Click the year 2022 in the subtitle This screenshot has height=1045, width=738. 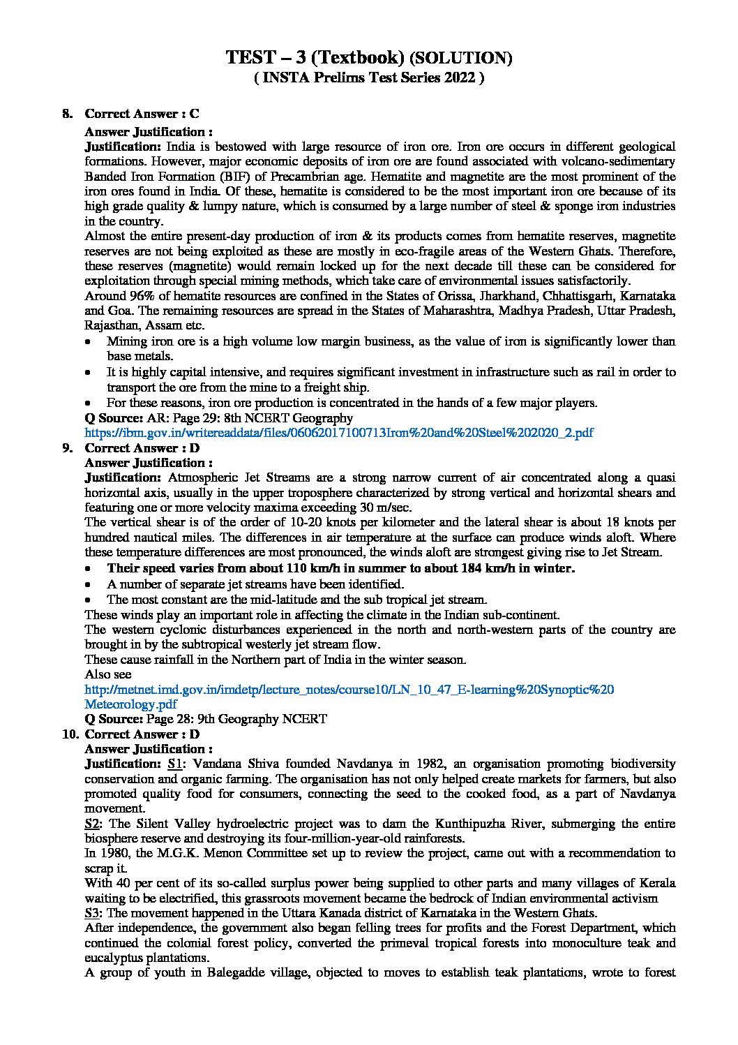(x=458, y=78)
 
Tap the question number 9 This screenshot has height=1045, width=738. (x=67, y=448)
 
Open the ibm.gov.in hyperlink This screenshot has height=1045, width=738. (x=339, y=433)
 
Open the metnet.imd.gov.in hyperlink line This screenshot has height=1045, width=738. (x=349, y=690)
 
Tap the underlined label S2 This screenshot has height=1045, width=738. (x=92, y=823)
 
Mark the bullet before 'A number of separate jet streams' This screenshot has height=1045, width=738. (x=86, y=584)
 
